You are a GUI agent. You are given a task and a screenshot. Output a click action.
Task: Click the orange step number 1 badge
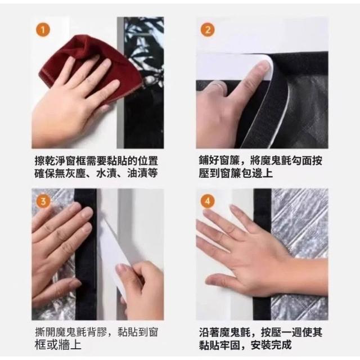click(x=43, y=30)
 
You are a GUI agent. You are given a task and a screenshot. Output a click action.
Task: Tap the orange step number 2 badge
click(x=208, y=30)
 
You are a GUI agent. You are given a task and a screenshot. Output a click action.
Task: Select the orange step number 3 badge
click(x=43, y=201)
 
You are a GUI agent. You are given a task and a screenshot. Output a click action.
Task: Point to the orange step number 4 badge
click(x=208, y=201)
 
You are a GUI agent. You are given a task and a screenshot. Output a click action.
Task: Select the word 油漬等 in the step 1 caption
click(x=142, y=173)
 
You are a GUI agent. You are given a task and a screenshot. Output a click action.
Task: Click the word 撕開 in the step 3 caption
click(x=45, y=332)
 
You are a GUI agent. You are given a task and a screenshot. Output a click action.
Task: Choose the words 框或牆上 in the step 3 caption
click(x=58, y=345)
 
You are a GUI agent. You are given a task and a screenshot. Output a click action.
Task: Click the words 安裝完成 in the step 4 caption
click(x=271, y=345)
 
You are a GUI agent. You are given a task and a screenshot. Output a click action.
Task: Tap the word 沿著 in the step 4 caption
click(x=209, y=332)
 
